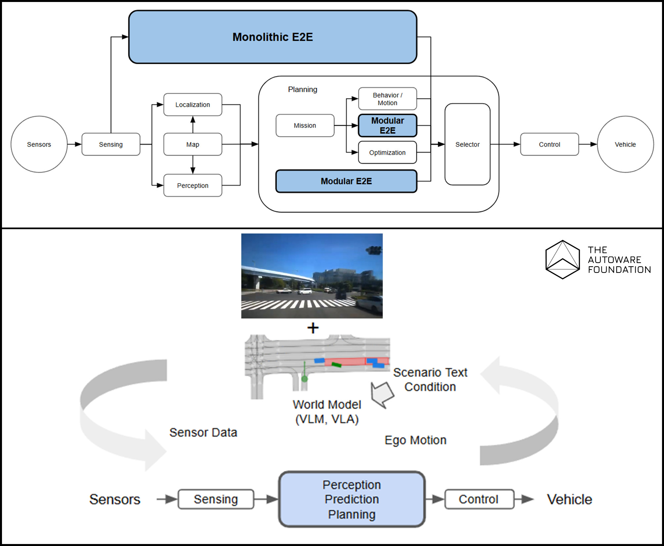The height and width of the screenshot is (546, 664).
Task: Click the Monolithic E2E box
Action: click(x=272, y=37)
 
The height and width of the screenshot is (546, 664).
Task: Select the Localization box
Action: click(x=193, y=105)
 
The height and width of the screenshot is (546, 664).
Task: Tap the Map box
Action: click(x=193, y=144)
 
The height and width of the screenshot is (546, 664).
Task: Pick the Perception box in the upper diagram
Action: click(x=193, y=185)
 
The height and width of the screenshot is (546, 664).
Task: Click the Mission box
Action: click(x=305, y=125)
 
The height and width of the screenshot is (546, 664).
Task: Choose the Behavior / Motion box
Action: click(x=387, y=99)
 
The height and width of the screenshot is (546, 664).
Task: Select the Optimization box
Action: click(x=387, y=152)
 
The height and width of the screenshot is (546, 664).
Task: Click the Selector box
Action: click(x=467, y=144)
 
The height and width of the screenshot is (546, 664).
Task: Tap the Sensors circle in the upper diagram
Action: click(x=39, y=144)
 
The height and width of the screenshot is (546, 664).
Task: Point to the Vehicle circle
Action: click(x=625, y=144)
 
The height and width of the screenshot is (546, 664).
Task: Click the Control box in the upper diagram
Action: click(x=549, y=144)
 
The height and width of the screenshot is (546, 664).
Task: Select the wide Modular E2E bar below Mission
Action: click(x=346, y=181)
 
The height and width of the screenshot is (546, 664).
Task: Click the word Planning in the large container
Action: click(x=303, y=89)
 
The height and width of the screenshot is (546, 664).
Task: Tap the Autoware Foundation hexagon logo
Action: click(x=562, y=260)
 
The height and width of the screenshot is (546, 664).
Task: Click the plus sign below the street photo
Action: click(x=313, y=328)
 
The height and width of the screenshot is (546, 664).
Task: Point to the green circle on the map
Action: click(x=305, y=379)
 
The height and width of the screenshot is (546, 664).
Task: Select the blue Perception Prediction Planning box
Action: click(x=352, y=499)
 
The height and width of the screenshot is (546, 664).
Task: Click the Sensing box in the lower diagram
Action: click(x=216, y=499)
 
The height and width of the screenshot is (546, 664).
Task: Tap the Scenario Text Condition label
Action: click(x=430, y=380)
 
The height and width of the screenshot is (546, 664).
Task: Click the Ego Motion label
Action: click(x=415, y=440)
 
